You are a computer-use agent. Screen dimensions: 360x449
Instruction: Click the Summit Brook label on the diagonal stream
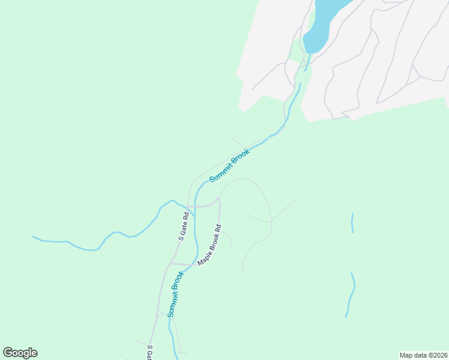[229, 166]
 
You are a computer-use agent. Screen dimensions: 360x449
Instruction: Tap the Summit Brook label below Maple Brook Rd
[176, 294]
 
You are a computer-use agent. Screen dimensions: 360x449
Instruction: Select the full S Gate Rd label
[184, 226]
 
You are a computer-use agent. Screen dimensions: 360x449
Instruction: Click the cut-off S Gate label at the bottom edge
[149, 353]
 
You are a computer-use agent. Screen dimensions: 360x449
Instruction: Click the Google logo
[20, 353]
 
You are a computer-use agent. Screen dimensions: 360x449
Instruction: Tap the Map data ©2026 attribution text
[423, 355]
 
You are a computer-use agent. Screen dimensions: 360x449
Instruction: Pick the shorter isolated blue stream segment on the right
[352, 223]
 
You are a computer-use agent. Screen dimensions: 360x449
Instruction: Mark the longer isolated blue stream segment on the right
[351, 295]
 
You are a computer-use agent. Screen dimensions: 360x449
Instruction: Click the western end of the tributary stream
[34, 238]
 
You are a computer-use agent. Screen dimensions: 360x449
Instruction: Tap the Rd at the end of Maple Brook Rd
[218, 230]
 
